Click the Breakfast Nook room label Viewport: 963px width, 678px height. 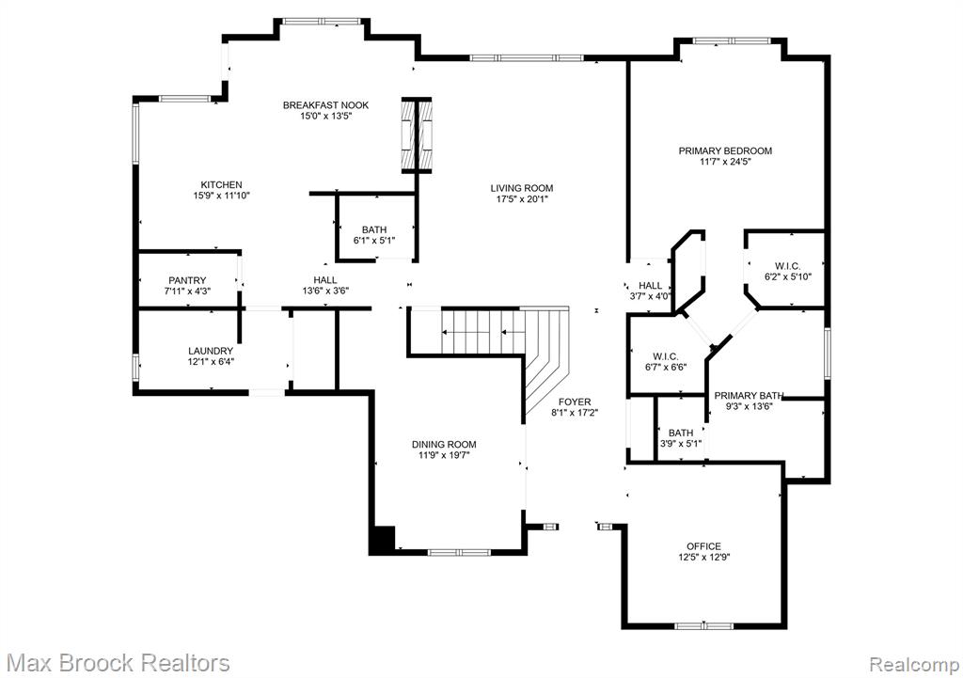(x=325, y=105)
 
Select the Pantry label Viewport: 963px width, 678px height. (x=187, y=280)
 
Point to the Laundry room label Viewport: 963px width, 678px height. (x=211, y=351)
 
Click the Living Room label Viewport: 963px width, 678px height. (x=521, y=188)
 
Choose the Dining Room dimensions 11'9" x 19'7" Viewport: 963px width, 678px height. (x=444, y=455)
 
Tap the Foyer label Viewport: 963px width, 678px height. (x=575, y=402)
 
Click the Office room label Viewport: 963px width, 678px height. (x=703, y=546)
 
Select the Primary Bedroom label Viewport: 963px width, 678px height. (x=725, y=150)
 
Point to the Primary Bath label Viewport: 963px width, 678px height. (x=749, y=396)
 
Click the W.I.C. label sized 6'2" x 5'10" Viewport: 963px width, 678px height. (x=787, y=266)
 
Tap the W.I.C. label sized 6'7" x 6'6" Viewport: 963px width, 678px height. (x=666, y=356)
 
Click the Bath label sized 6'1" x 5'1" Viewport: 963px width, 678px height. (x=374, y=229)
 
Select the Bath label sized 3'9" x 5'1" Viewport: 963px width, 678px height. (x=681, y=433)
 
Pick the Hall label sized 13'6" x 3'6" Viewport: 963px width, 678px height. (x=324, y=280)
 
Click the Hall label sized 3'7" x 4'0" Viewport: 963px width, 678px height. (x=651, y=285)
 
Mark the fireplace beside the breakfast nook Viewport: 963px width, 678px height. (x=417, y=135)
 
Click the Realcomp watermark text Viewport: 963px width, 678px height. (x=914, y=664)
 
